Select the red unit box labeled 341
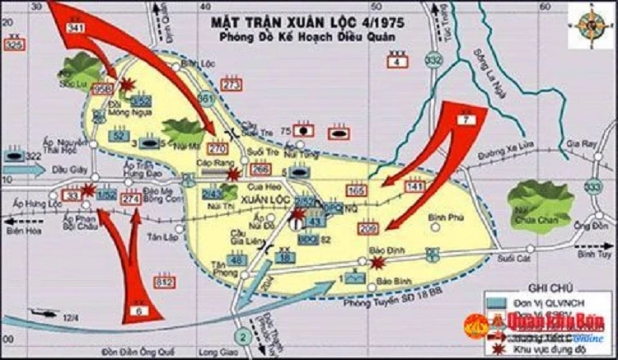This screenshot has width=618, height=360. (77, 29)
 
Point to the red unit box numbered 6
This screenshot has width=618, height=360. (139, 311)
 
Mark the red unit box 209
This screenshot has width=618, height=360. (369, 228)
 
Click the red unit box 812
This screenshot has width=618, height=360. (164, 283)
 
